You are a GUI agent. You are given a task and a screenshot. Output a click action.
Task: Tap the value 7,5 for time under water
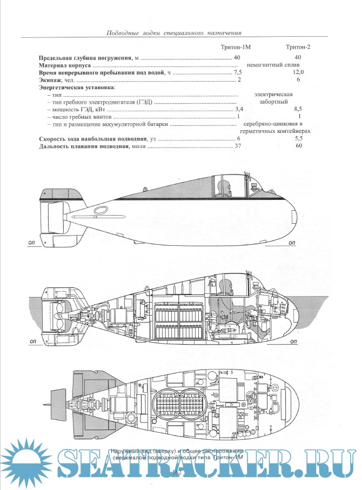coord(238,72)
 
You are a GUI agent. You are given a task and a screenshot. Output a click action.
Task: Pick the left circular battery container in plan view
coord(167,402)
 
